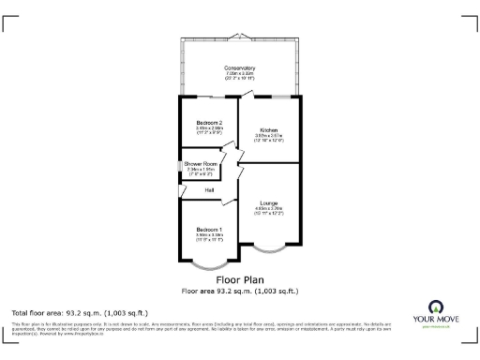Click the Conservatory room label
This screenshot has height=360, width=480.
(240, 67)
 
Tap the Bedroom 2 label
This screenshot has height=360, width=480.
(209, 123)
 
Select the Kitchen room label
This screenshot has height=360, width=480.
(269, 129)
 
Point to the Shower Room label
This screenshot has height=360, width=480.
(203, 164)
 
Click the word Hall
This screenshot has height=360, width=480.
(196, 190)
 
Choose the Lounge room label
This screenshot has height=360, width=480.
(270, 201)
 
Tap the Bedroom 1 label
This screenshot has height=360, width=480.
(209, 230)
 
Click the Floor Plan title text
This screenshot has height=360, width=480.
(240, 279)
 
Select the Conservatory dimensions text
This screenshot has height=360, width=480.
(240, 76)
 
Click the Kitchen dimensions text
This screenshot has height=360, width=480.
(269, 138)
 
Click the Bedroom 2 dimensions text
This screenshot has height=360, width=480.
(209, 131)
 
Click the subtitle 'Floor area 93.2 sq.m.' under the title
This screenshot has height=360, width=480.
(240, 291)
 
